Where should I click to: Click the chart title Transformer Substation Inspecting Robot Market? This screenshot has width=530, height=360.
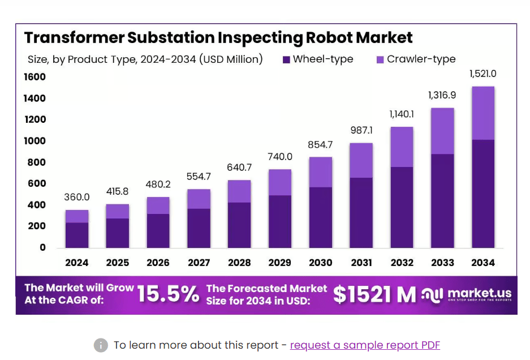pos(218,38)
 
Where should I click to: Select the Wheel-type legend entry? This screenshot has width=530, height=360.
pos(317,59)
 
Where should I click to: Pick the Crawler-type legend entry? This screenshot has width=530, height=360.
pos(416,59)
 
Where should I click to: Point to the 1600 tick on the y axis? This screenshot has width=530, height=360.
pos(35,77)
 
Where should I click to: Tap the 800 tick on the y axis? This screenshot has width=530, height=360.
pos(35,162)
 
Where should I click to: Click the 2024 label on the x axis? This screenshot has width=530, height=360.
pos(77,263)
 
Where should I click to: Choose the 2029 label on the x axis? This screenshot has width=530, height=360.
pos(280,263)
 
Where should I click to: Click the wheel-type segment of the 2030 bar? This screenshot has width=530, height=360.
pos(320,217)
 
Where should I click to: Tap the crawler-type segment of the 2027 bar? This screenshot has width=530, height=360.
pos(199,199)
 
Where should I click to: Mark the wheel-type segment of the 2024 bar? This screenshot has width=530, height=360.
pos(77,235)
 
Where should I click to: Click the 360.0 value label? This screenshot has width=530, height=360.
pos(77,197)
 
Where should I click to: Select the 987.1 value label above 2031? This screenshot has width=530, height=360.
pos(361,130)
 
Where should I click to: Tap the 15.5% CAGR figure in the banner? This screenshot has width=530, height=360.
pos(168,294)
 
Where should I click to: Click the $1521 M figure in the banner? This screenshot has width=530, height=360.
pos(374,294)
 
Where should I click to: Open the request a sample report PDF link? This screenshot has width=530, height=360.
pos(365,345)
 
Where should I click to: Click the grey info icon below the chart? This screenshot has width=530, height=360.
pos(101,345)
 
